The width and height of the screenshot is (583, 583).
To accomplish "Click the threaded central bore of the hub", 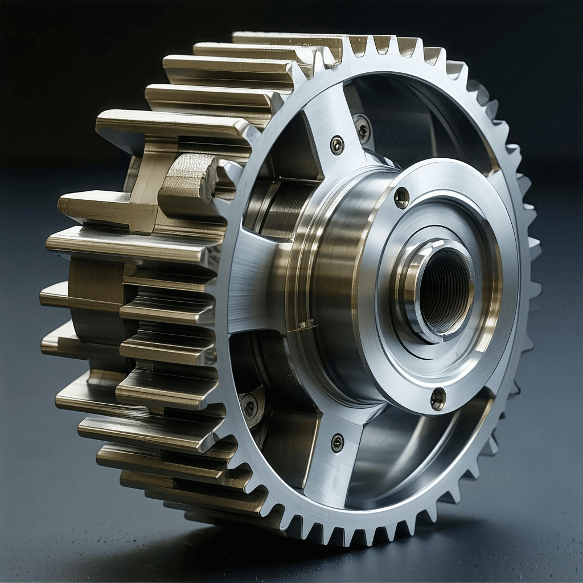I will [x=445, y=290].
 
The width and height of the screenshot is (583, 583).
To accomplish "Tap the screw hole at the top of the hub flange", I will [x=401, y=198].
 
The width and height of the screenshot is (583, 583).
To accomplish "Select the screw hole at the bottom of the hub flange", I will [x=437, y=398].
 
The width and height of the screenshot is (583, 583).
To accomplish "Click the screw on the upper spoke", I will [x=337, y=145].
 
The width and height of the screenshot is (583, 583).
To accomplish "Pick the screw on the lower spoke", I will [x=337, y=442].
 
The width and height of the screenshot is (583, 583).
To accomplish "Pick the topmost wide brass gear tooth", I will [x=285, y=40].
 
